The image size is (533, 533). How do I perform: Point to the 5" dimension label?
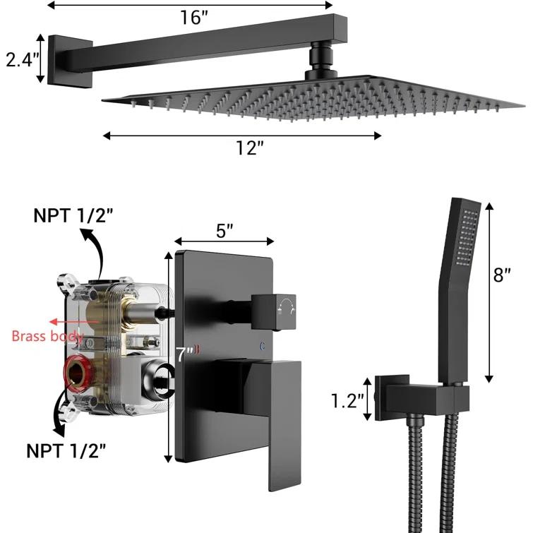(x=224, y=229)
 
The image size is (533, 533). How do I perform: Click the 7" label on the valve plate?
(x=185, y=354)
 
